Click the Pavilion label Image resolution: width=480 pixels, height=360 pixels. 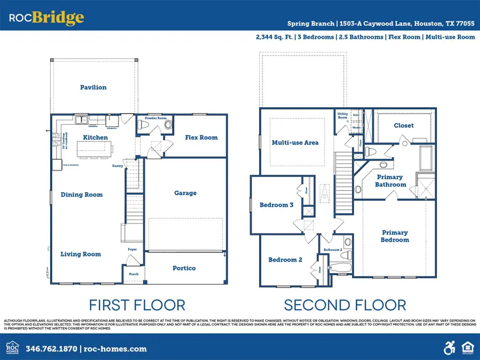[x=93, y=87]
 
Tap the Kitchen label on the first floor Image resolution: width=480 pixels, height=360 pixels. [x=95, y=138]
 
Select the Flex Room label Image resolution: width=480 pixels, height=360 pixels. [x=201, y=138]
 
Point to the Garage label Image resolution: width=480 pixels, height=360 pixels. [x=186, y=193]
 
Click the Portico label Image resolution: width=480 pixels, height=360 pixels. [x=184, y=268]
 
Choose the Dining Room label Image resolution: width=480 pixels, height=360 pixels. [x=82, y=195]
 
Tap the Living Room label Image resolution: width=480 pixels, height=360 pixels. [x=81, y=254]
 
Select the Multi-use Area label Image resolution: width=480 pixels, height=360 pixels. [x=295, y=143]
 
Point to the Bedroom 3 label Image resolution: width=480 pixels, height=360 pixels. [x=276, y=205]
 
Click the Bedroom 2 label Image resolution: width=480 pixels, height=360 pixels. [x=285, y=260]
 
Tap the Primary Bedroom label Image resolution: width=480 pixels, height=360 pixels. [x=395, y=236]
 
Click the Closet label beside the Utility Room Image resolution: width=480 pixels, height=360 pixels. [x=403, y=126]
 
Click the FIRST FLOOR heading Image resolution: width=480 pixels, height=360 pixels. [x=137, y=305]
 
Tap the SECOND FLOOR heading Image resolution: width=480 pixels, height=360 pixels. [x=345, y=305]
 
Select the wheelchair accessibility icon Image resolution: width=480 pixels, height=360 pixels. [x=449, y=349]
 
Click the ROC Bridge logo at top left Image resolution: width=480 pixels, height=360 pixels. [x=46, y=18]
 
